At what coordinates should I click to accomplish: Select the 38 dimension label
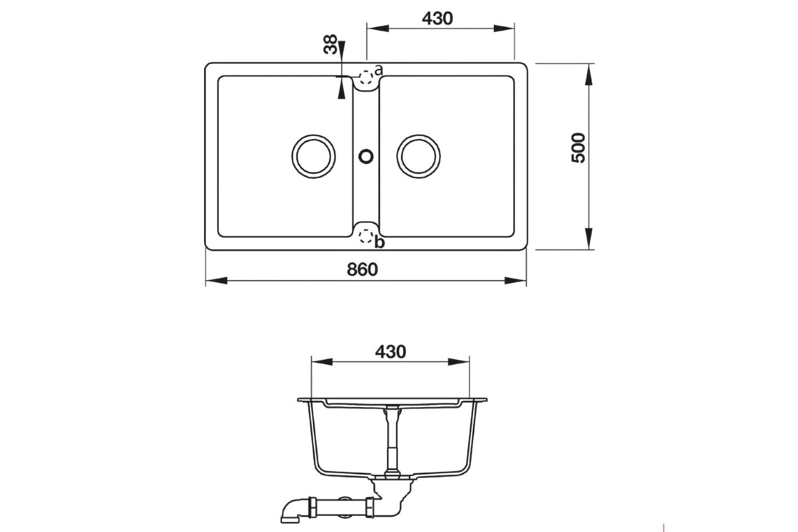click(x=331, y=45)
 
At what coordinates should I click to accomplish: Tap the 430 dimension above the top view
click(x=437, y=18)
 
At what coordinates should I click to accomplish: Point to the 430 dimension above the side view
click(x=390, y=352)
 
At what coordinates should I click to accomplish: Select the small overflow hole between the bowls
click(x=366, y=155)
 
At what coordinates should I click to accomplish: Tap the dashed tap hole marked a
click(x=366, y=79)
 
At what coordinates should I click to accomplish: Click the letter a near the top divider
click(x=378, y=70)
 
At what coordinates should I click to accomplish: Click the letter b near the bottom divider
click(x=379, y=243)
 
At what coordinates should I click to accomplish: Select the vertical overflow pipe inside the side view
click(x=392, y=436)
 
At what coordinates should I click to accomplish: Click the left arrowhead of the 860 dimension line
click(x=215, y=281)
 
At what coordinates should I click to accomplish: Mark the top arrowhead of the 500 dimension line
click(x=589, y=74)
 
